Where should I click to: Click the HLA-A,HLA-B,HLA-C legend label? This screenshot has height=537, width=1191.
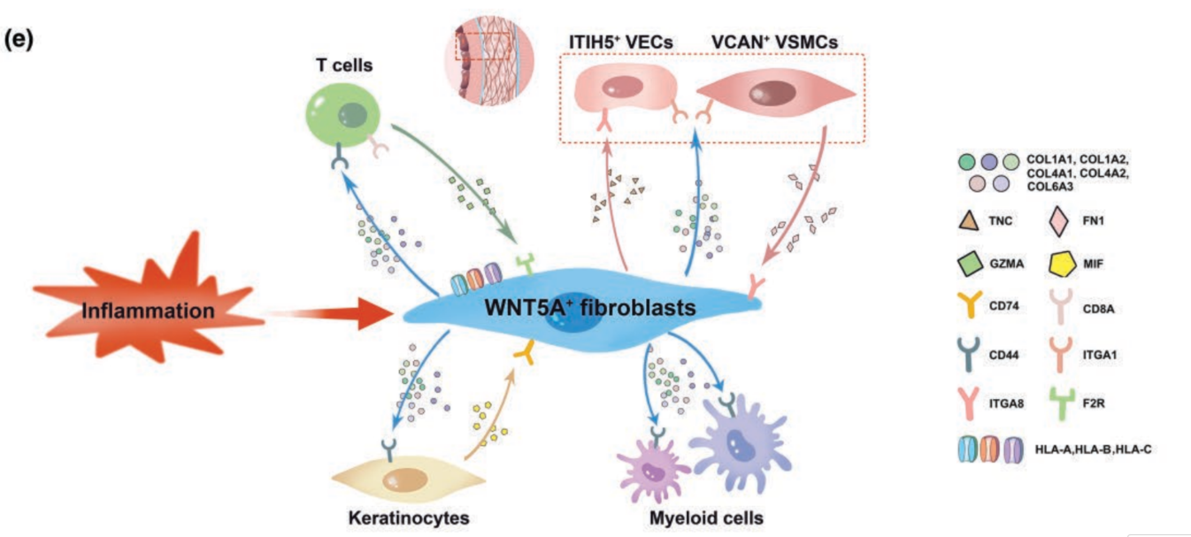tap(1092, 450)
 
